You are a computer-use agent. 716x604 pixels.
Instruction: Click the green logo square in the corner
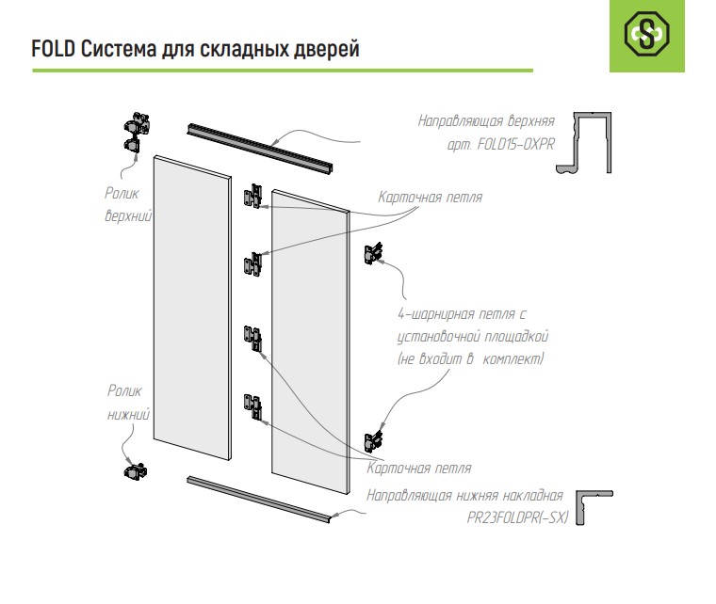647,36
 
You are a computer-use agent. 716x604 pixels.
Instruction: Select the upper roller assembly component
136,133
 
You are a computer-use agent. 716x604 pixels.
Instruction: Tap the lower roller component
135,471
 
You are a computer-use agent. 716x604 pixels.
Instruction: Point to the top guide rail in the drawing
259,147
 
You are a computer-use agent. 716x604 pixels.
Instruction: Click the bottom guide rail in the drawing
258,500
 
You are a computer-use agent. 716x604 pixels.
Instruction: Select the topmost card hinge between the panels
253,197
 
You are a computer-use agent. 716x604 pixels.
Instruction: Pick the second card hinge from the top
253,265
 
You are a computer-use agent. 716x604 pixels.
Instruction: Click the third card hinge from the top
252,339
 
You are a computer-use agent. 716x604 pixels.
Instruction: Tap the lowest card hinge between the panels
252,407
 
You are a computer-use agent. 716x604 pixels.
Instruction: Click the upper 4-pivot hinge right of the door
373,253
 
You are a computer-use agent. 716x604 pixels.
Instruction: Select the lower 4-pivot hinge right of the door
373,441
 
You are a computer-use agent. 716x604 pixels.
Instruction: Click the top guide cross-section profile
584,142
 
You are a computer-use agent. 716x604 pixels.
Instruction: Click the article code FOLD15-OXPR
516,145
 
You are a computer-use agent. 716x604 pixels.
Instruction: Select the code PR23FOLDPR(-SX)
517,517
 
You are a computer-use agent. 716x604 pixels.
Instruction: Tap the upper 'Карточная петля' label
431,198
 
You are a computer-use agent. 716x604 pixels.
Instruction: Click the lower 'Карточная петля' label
418,469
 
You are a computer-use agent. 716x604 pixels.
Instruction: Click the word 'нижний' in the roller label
129,414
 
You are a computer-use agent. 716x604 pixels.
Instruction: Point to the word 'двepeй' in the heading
327,50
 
